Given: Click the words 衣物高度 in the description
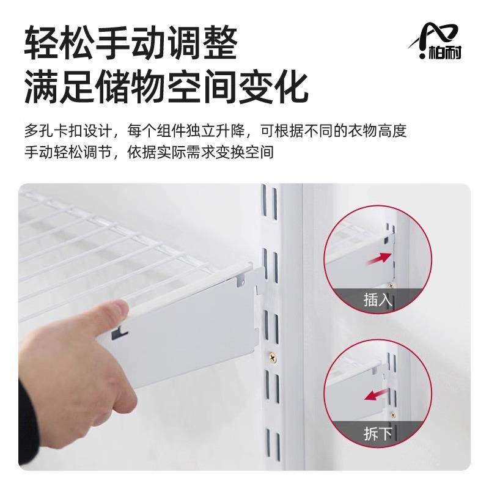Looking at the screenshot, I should [x=378, y=131].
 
